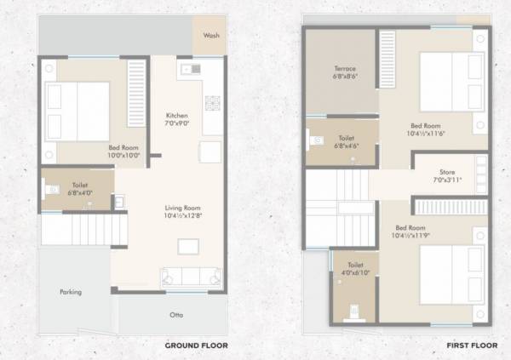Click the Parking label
click(71, 292)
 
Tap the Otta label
click(176, 315)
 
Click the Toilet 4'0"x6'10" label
click(354, 277)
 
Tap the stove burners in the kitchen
click(211, 103)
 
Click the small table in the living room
click(187, 246)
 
